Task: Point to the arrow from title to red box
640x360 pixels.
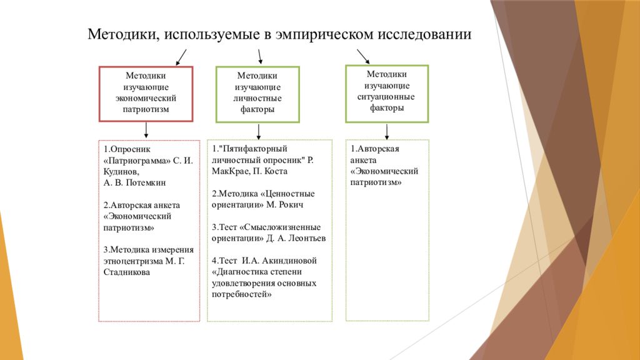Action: click(181, 57)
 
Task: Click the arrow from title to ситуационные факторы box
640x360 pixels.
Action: click(363, 57)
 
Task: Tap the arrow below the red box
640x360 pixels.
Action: click(146, 130)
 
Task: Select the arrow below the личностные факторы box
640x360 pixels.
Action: click(258, 131)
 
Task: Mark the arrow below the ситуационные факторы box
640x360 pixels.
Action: click(387, 131)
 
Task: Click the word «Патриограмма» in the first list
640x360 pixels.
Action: click(137, 161)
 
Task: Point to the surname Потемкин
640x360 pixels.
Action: click(146, 182)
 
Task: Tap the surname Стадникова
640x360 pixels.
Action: click(126, 272)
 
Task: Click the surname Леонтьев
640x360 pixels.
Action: click(307, 238)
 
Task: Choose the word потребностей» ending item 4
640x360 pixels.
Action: click(242, 294)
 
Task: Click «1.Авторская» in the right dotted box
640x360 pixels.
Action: click(375, 149)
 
